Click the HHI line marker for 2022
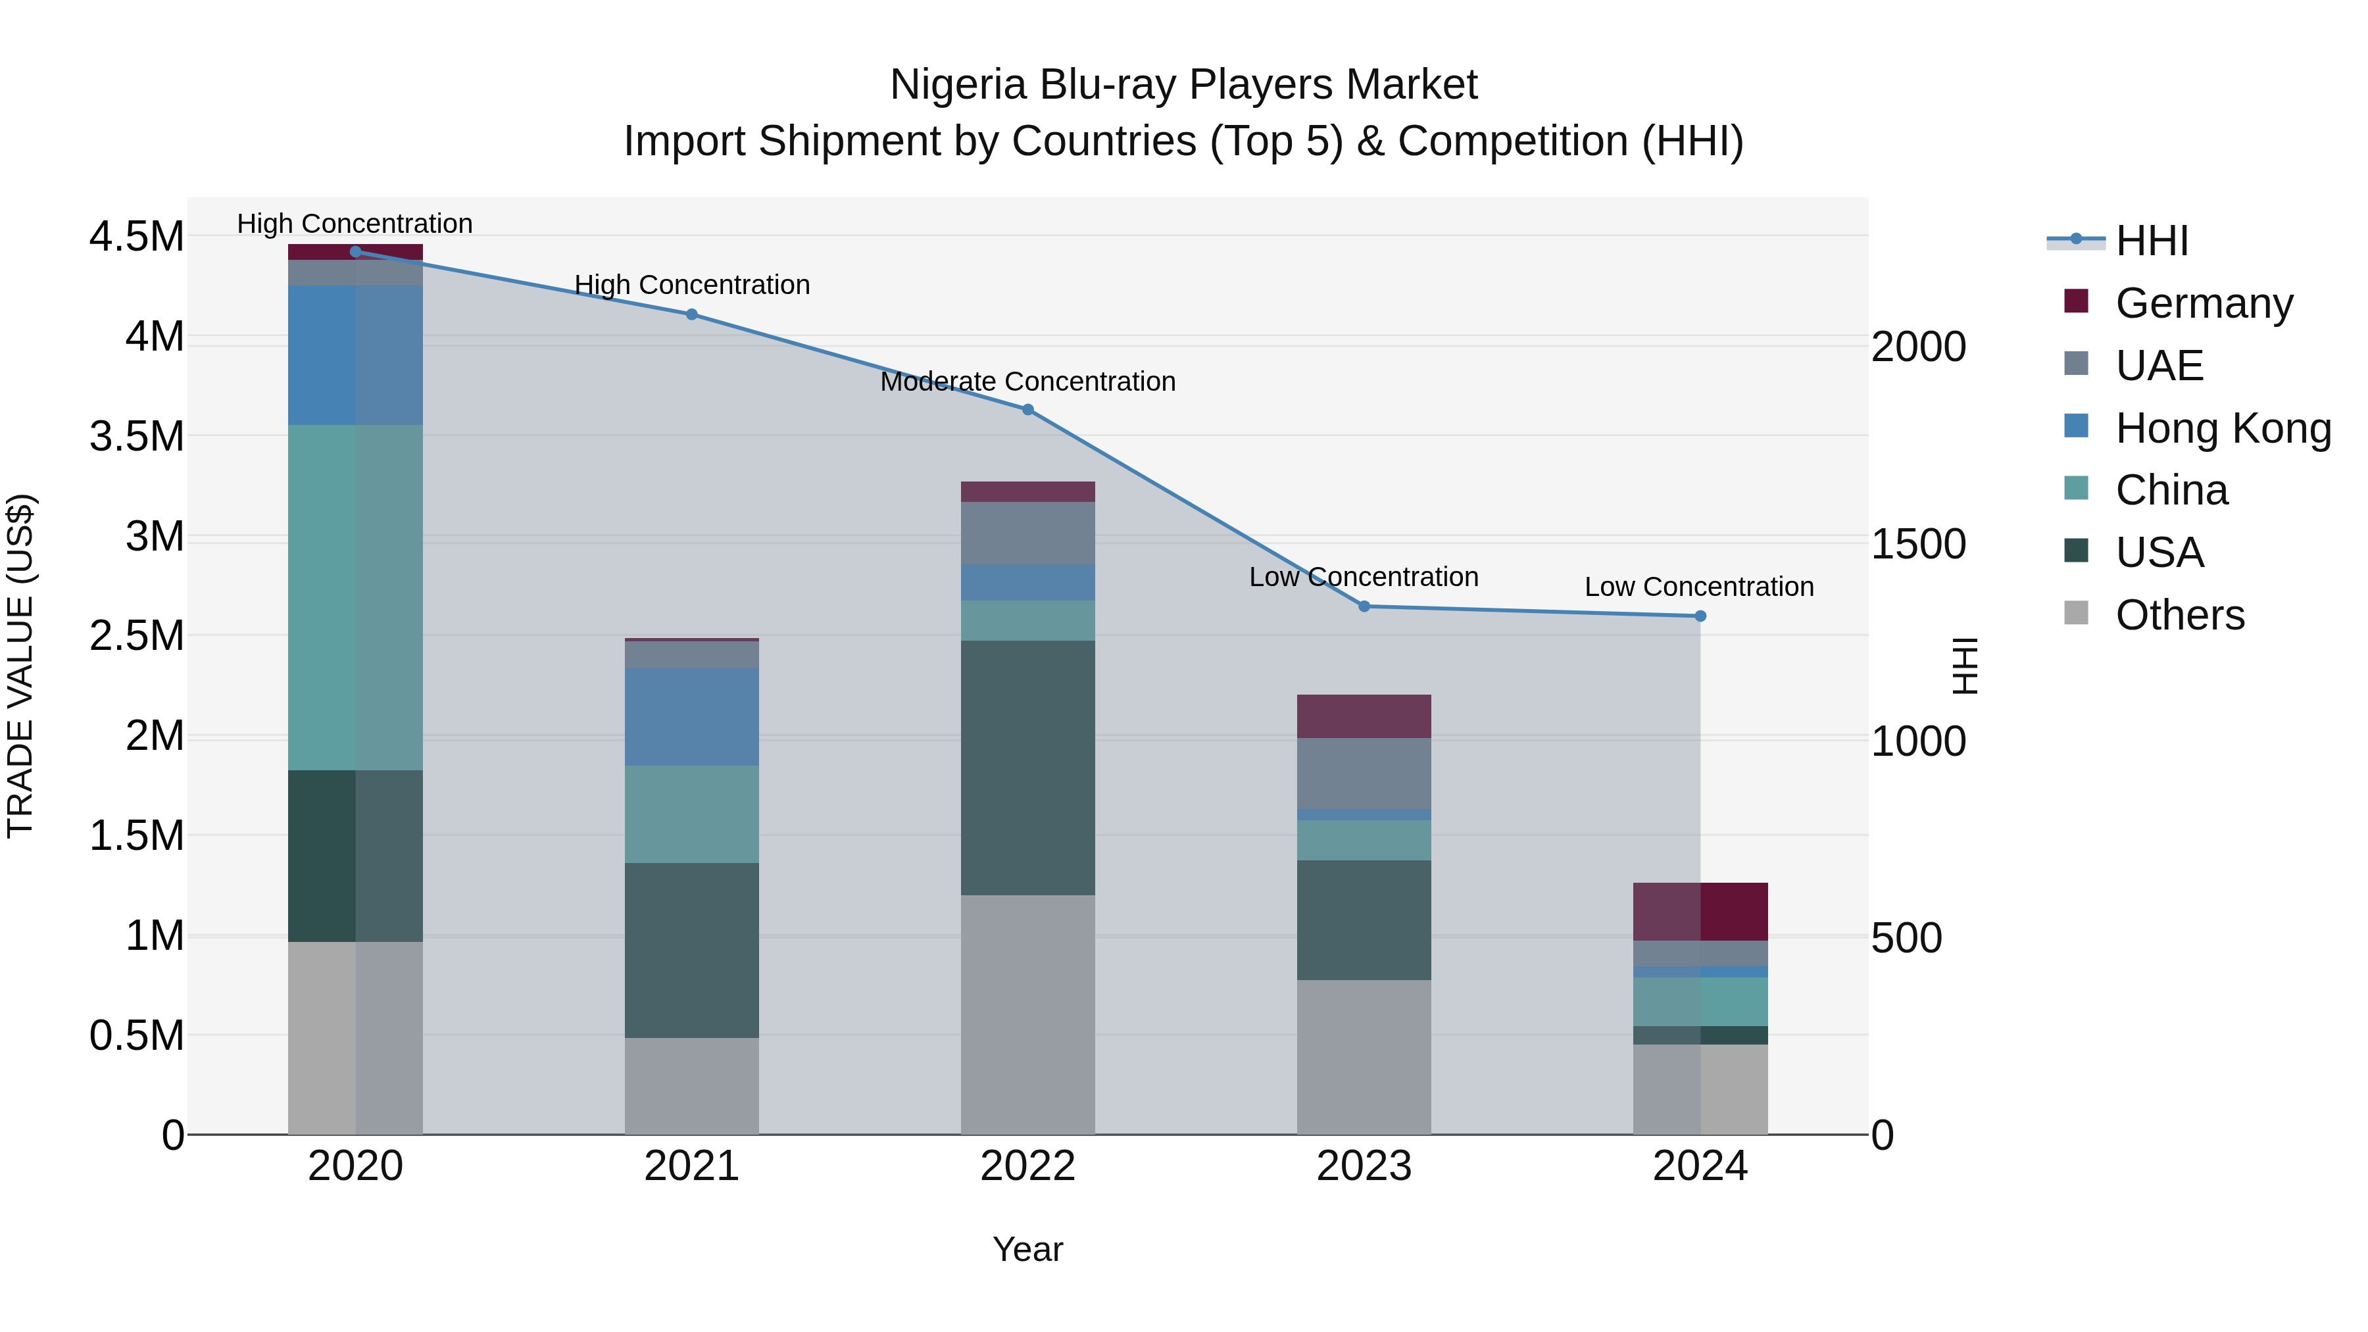pos(1027,410)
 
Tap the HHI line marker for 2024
pos(1700,616)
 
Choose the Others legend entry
pos(2179,615)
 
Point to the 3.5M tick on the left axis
pos(136,435)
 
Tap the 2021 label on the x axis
pos(691,1166)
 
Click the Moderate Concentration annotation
pos(1027,382)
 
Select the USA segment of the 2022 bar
pos(1027,768)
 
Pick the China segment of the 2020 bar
pos(355,597)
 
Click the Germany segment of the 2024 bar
pos(1700,911)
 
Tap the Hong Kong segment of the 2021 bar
pos(691,717)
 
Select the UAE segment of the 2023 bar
pos(1364,773)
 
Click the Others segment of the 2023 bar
pos(1364,1056)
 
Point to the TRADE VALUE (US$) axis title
pos(20,666)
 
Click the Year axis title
pos(1027,1249)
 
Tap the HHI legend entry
pos(2151,241)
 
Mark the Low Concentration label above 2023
pos(1364,578)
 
